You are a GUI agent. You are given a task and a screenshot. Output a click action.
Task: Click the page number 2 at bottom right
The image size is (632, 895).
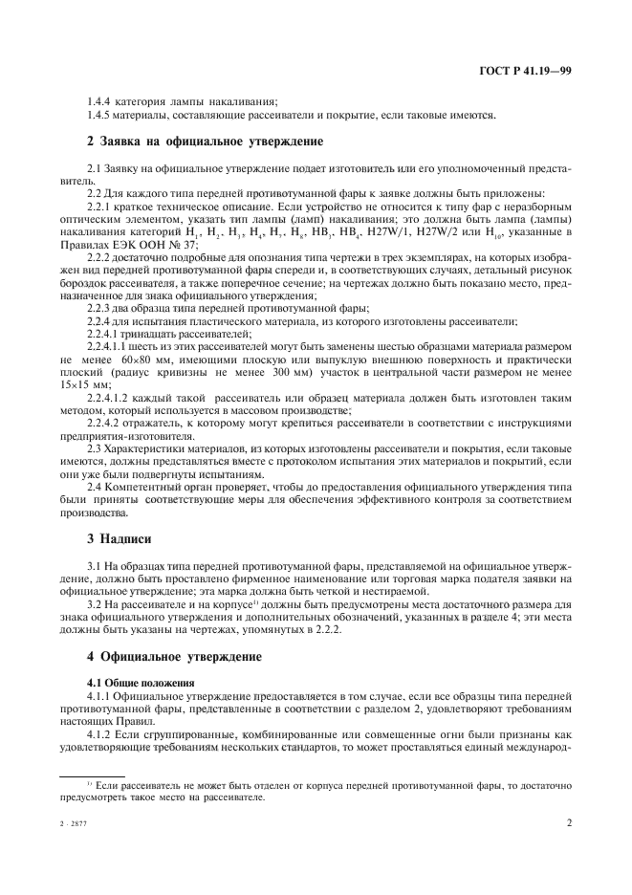[568, 820]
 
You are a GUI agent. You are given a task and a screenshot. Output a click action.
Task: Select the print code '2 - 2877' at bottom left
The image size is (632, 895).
[72, 821]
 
